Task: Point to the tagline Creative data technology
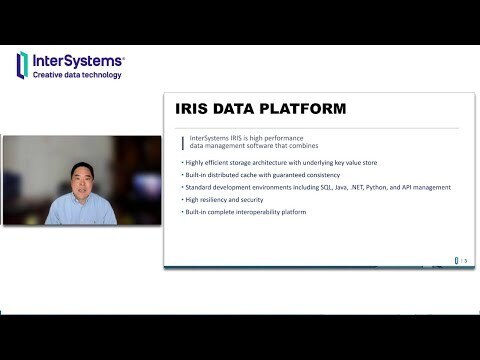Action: [78, 74]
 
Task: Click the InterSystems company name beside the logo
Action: [78, 59]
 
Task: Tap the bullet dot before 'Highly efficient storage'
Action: [182, 161]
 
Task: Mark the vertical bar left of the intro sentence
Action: [182, 137]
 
